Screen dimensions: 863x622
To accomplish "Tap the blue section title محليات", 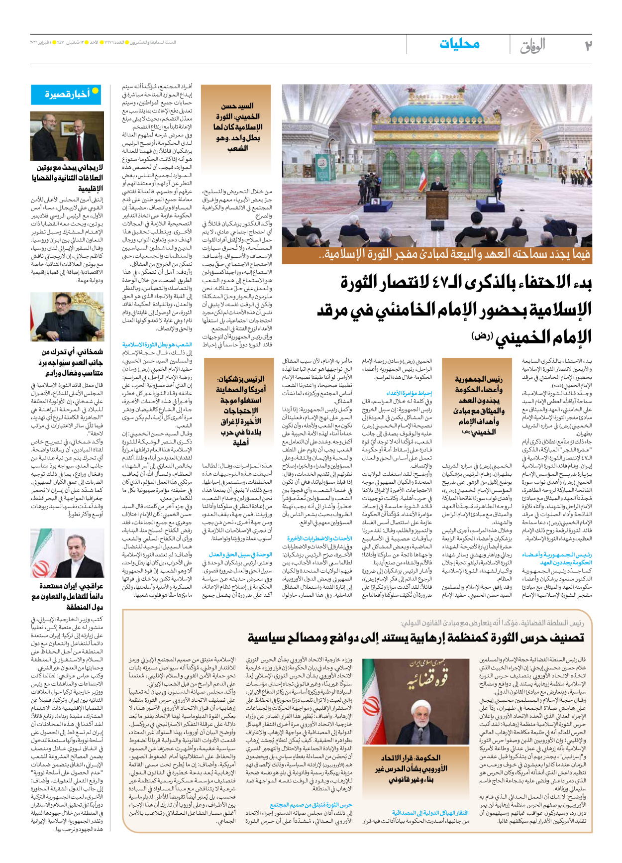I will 459,44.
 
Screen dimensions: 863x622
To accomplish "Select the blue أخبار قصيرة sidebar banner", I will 67,94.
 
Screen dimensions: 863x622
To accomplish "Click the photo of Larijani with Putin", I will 67,136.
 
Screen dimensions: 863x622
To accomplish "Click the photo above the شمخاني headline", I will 67,317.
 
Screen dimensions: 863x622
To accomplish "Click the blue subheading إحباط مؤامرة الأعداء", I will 410,393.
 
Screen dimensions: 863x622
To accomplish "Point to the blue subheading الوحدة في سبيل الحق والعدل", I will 240,554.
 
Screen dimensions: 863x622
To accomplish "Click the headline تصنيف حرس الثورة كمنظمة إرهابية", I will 415,638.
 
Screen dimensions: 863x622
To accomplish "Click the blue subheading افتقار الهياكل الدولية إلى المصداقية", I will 430,813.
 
